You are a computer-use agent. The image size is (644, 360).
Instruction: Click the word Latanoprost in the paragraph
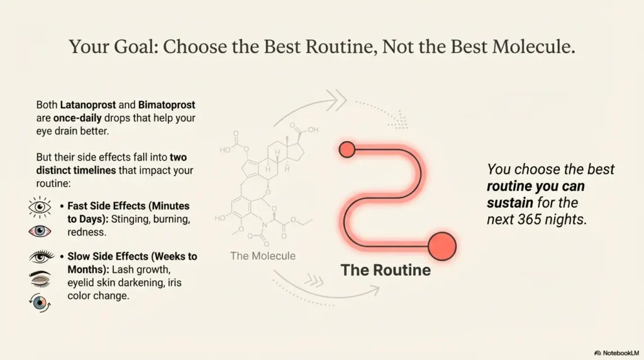coord(88,105)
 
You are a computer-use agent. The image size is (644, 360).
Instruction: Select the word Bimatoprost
coord(167,105)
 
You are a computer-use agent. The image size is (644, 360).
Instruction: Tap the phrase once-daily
coord(77,118)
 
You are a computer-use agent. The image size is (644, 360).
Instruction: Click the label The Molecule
coord(263,256)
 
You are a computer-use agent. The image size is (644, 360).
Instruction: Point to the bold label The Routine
coord(386,270)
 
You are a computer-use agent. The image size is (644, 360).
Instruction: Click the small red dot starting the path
coord(347,150)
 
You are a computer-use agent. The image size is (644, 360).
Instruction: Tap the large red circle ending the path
coord(442,246)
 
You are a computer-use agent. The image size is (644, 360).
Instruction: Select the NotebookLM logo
coord(616,353)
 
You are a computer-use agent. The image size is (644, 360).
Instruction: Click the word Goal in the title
coord(136,47)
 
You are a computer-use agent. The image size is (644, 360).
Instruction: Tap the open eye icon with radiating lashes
coord(40,206)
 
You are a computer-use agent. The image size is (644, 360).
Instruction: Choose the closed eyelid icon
coord(40,279)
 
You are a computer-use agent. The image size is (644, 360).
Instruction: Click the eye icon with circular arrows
coord(40,303)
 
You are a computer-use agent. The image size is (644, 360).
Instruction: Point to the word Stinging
coord(130,219)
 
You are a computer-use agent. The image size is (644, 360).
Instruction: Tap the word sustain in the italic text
coord(509,203)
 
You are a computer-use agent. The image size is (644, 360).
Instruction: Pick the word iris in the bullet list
coord(174,283)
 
